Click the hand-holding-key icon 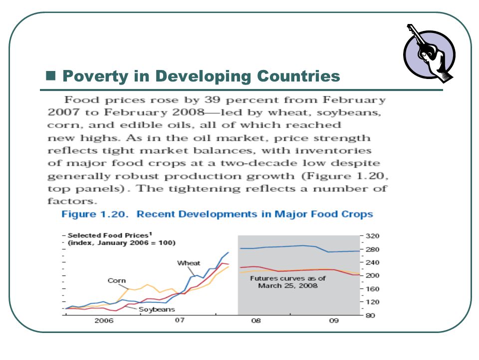pyautogui.click(x=430, y=54)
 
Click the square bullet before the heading pyautogui.click(x=51, y=75)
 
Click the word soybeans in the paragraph pyautogui.click(x=349, y=112)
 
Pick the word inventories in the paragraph pyautogui.click(x=333, y=150)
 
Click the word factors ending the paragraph pyautogui.click(x=72, y=201)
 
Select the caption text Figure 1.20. pyautogui.click(x=95, y=214)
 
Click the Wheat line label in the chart pyautogui.click(x=189, y=263)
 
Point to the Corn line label pyautogui.click(x=117, y=280)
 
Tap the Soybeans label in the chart pyautogui.click(x=157, y=309)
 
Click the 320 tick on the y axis pyautogui.click(x=372, y=236)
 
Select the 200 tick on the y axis pyautogui.click(x=372, y=275)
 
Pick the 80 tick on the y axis pyautogui.click(x=370, y=315)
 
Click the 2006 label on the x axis pyautogui.click(x=104, y=320)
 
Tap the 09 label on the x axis pyautogui.click(x=334, y=320)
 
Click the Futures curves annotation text pyautogui.click(x=288, y=282)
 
